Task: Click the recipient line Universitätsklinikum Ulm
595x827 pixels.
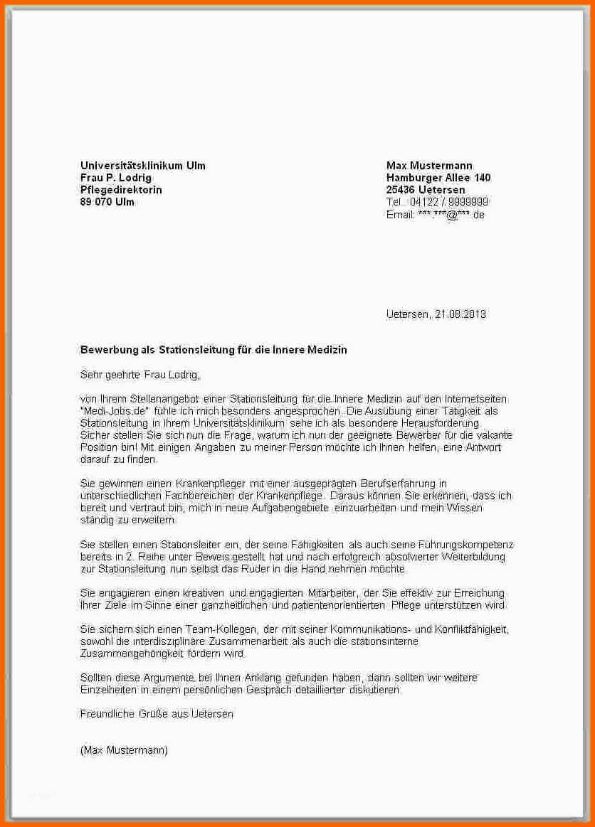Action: click(142, 166)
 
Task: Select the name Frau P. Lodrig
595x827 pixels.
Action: click(116, 178)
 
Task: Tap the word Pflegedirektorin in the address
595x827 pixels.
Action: click(121, 190)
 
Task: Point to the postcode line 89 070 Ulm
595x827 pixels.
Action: click(107, 202)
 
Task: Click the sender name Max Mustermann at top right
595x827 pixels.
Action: click(429, 166)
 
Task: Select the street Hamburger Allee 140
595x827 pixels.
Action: click(438, 178)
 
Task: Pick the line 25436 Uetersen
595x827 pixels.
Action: click(426, 190)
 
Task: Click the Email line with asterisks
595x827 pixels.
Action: click(435, 214)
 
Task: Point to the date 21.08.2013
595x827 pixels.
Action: click(460, 314)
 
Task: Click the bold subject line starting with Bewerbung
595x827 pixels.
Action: click(214, 350)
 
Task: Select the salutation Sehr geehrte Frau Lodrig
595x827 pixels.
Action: click(140, 374)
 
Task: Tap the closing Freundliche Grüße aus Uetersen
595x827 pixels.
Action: click(157, 713)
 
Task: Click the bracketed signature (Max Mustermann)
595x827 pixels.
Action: click(124, 750)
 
